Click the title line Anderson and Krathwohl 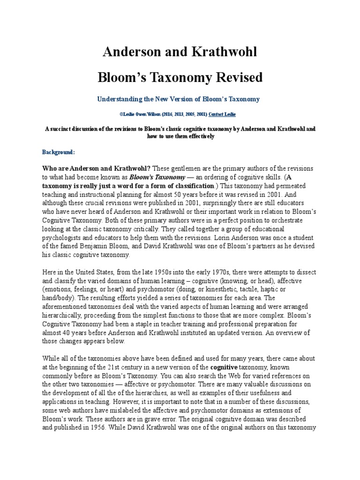(180, 52)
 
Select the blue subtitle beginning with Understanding (178, 99)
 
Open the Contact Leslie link (223, 114)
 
